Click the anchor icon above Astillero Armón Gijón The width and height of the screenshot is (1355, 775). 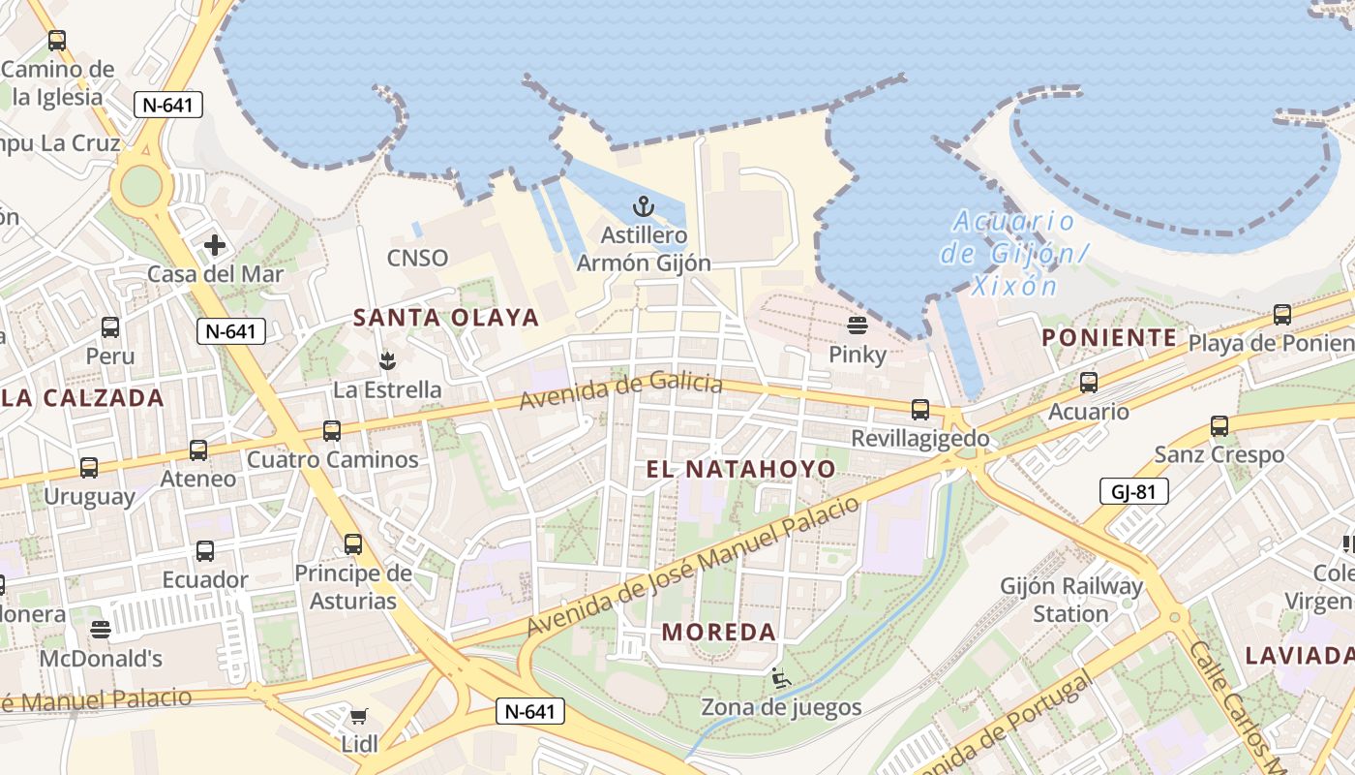[x=643, y=205]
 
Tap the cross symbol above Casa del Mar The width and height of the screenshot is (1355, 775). [x=215, y=245]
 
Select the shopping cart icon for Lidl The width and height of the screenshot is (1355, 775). [x=359, y=716]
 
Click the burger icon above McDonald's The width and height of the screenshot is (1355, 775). [x=100, y=630]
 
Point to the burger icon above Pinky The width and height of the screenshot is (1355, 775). [x=857, y=325]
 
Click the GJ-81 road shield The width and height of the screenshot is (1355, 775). [x=1134, y=491]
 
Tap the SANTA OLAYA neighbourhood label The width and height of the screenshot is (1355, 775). [x=445, y=317]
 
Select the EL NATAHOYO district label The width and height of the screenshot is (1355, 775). [x=740, y=469]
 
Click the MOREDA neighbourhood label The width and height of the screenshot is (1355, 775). [x=719, y=632]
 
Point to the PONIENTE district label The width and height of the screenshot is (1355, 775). [x=1109, y=337]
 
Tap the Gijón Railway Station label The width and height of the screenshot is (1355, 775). [x=1071, y=600]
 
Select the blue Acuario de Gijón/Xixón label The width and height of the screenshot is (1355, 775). [x=1011, y=253]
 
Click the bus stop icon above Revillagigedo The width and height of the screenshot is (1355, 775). [x=919, y=410]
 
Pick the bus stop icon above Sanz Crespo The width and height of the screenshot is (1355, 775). [x=1219, y=425]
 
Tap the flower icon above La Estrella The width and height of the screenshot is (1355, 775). [x=387, y=361]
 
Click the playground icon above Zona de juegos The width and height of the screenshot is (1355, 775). [x=781, y=678]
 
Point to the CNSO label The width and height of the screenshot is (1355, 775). [x=417, y=258]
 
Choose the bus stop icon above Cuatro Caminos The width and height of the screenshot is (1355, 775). [x=332, y=430]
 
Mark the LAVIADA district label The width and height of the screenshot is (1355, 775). [x=1299, y=655]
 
